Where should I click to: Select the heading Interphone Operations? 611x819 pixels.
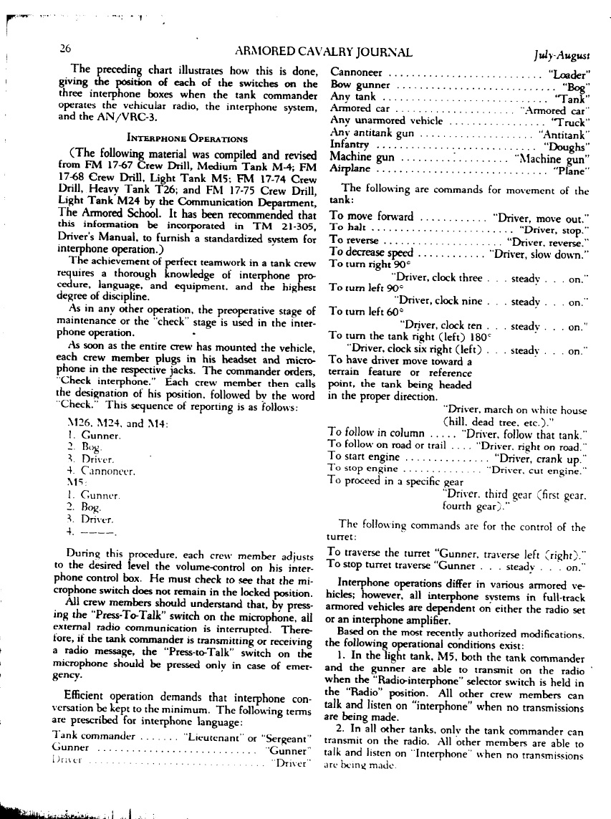(187, 138)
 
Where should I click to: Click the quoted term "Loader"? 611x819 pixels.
(567, 74)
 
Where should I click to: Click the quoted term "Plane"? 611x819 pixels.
(572, 170)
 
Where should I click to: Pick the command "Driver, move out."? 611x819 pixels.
(541, 216)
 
